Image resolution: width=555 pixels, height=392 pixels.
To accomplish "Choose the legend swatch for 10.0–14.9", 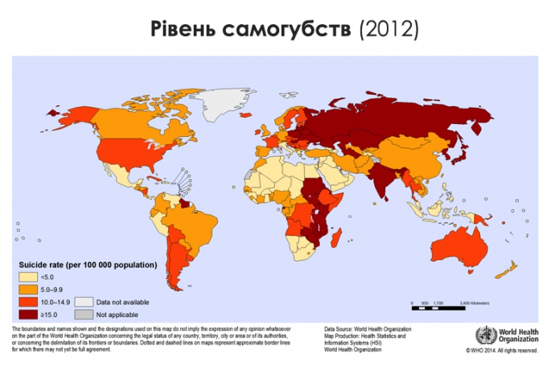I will click(x=28, y=302).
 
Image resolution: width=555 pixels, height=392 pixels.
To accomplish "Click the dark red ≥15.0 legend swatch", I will click(x=28, y=314).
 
